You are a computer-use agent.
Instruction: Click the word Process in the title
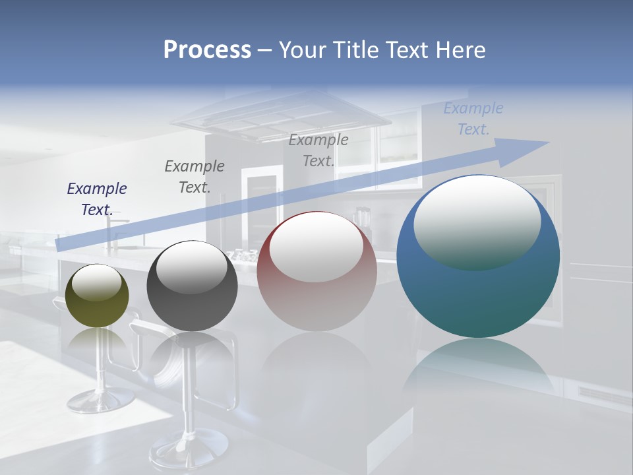pyautogui.click(x=207, y=49)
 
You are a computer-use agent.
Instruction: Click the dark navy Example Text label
pyautogui.click(x=97, y=199)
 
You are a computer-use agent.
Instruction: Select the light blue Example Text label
pyautogui.click(x=473, y=118)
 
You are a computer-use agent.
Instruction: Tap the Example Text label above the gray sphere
pyautogui.click(x=195, y=176)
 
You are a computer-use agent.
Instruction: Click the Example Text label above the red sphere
pyautogui.click(x=318, y=150)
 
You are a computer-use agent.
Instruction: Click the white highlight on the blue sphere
pyautogui.click(x=477, y=221)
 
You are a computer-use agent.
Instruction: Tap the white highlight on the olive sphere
pyautogui.click(x=96, y=283)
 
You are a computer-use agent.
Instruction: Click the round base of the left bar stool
pyautogui.click(x=100, y=400)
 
